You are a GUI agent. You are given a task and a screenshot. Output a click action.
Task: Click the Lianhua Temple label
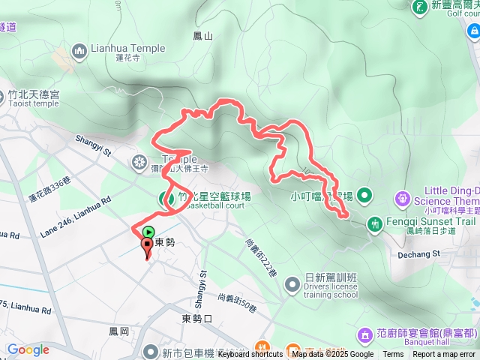pos(127,48)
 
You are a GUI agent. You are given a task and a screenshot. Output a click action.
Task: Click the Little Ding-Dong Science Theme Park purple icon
pos(403,199)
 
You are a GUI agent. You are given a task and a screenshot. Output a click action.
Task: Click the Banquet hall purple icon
pos(364,333)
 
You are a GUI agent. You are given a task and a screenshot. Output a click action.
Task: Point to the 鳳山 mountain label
pos(202,35)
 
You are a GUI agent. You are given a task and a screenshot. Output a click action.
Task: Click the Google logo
pos(28,349)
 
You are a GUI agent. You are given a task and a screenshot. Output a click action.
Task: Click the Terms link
pos(393,355)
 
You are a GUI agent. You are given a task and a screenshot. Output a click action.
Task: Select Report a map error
pos(443,355)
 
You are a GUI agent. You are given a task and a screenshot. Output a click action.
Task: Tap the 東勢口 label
pos(197,319)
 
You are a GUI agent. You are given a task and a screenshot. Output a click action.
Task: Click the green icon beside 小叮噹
pos(364,196)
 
